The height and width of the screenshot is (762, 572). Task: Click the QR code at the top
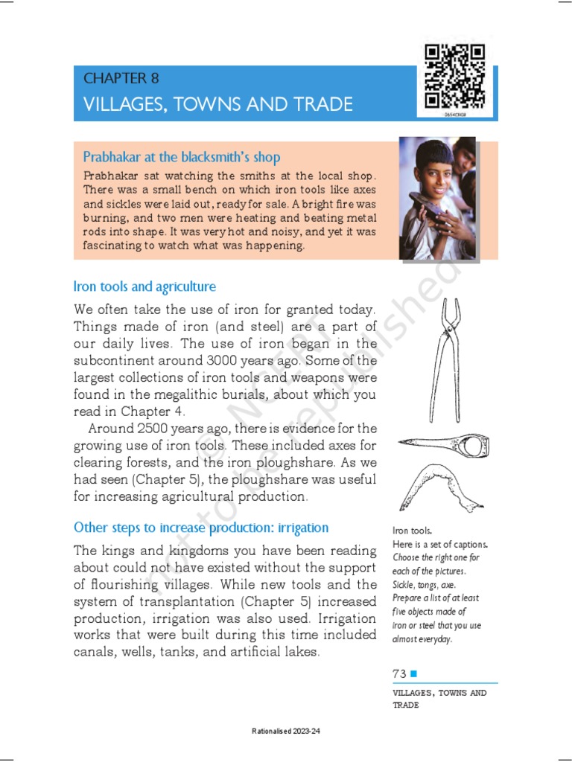point(454,76)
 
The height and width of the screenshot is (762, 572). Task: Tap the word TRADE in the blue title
point(322,104)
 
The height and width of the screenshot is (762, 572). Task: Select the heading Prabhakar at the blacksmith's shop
point(182,157)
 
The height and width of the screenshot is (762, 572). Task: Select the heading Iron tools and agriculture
point(144,286)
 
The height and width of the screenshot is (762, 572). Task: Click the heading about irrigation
point(200,528)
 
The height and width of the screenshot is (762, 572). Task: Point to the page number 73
point(400,673)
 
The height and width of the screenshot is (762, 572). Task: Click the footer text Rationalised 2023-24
point(286,732)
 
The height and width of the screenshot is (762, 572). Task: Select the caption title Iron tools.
point(412,531)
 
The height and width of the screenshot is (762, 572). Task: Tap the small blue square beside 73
point(414,673)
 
